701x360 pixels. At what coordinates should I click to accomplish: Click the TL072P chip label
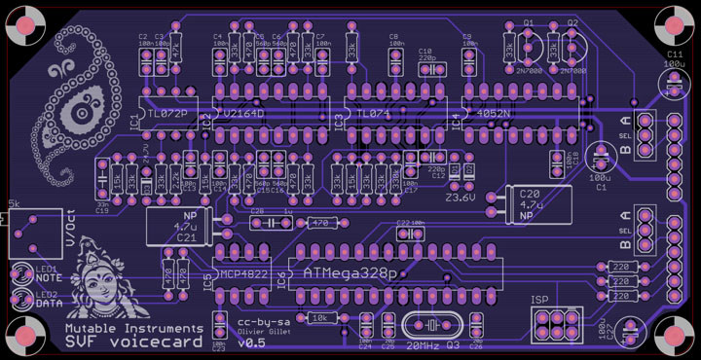(x=168, y=114)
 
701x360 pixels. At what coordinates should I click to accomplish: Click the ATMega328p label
(x=350, y=274)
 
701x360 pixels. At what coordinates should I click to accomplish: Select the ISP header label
(x=541, y=300)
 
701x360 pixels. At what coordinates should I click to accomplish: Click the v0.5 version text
(x=251, y=343)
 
